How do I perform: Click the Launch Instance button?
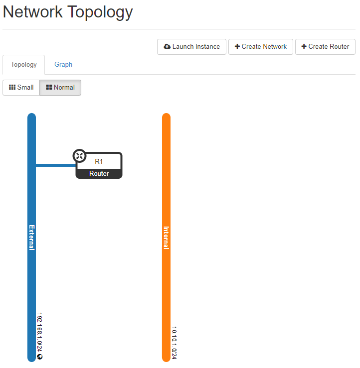point(191,47)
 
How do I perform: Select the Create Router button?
point(325,47)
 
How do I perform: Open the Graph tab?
point(63,65)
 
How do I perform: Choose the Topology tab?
point(24,65)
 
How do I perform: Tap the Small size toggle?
point(21,88)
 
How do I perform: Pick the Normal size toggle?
point(60,88)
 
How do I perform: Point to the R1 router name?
point(99,161)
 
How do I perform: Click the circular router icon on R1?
point(79,156)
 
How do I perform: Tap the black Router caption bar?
point(99,174)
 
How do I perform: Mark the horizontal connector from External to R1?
point(55,165)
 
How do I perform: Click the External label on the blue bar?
point(32,237)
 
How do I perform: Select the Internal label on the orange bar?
point(167,238)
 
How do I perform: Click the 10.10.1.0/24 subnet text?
point(174,343)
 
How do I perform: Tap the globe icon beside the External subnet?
point(40,357)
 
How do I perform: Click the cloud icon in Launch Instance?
point(167,47)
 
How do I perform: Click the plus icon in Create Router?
point(304,47)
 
